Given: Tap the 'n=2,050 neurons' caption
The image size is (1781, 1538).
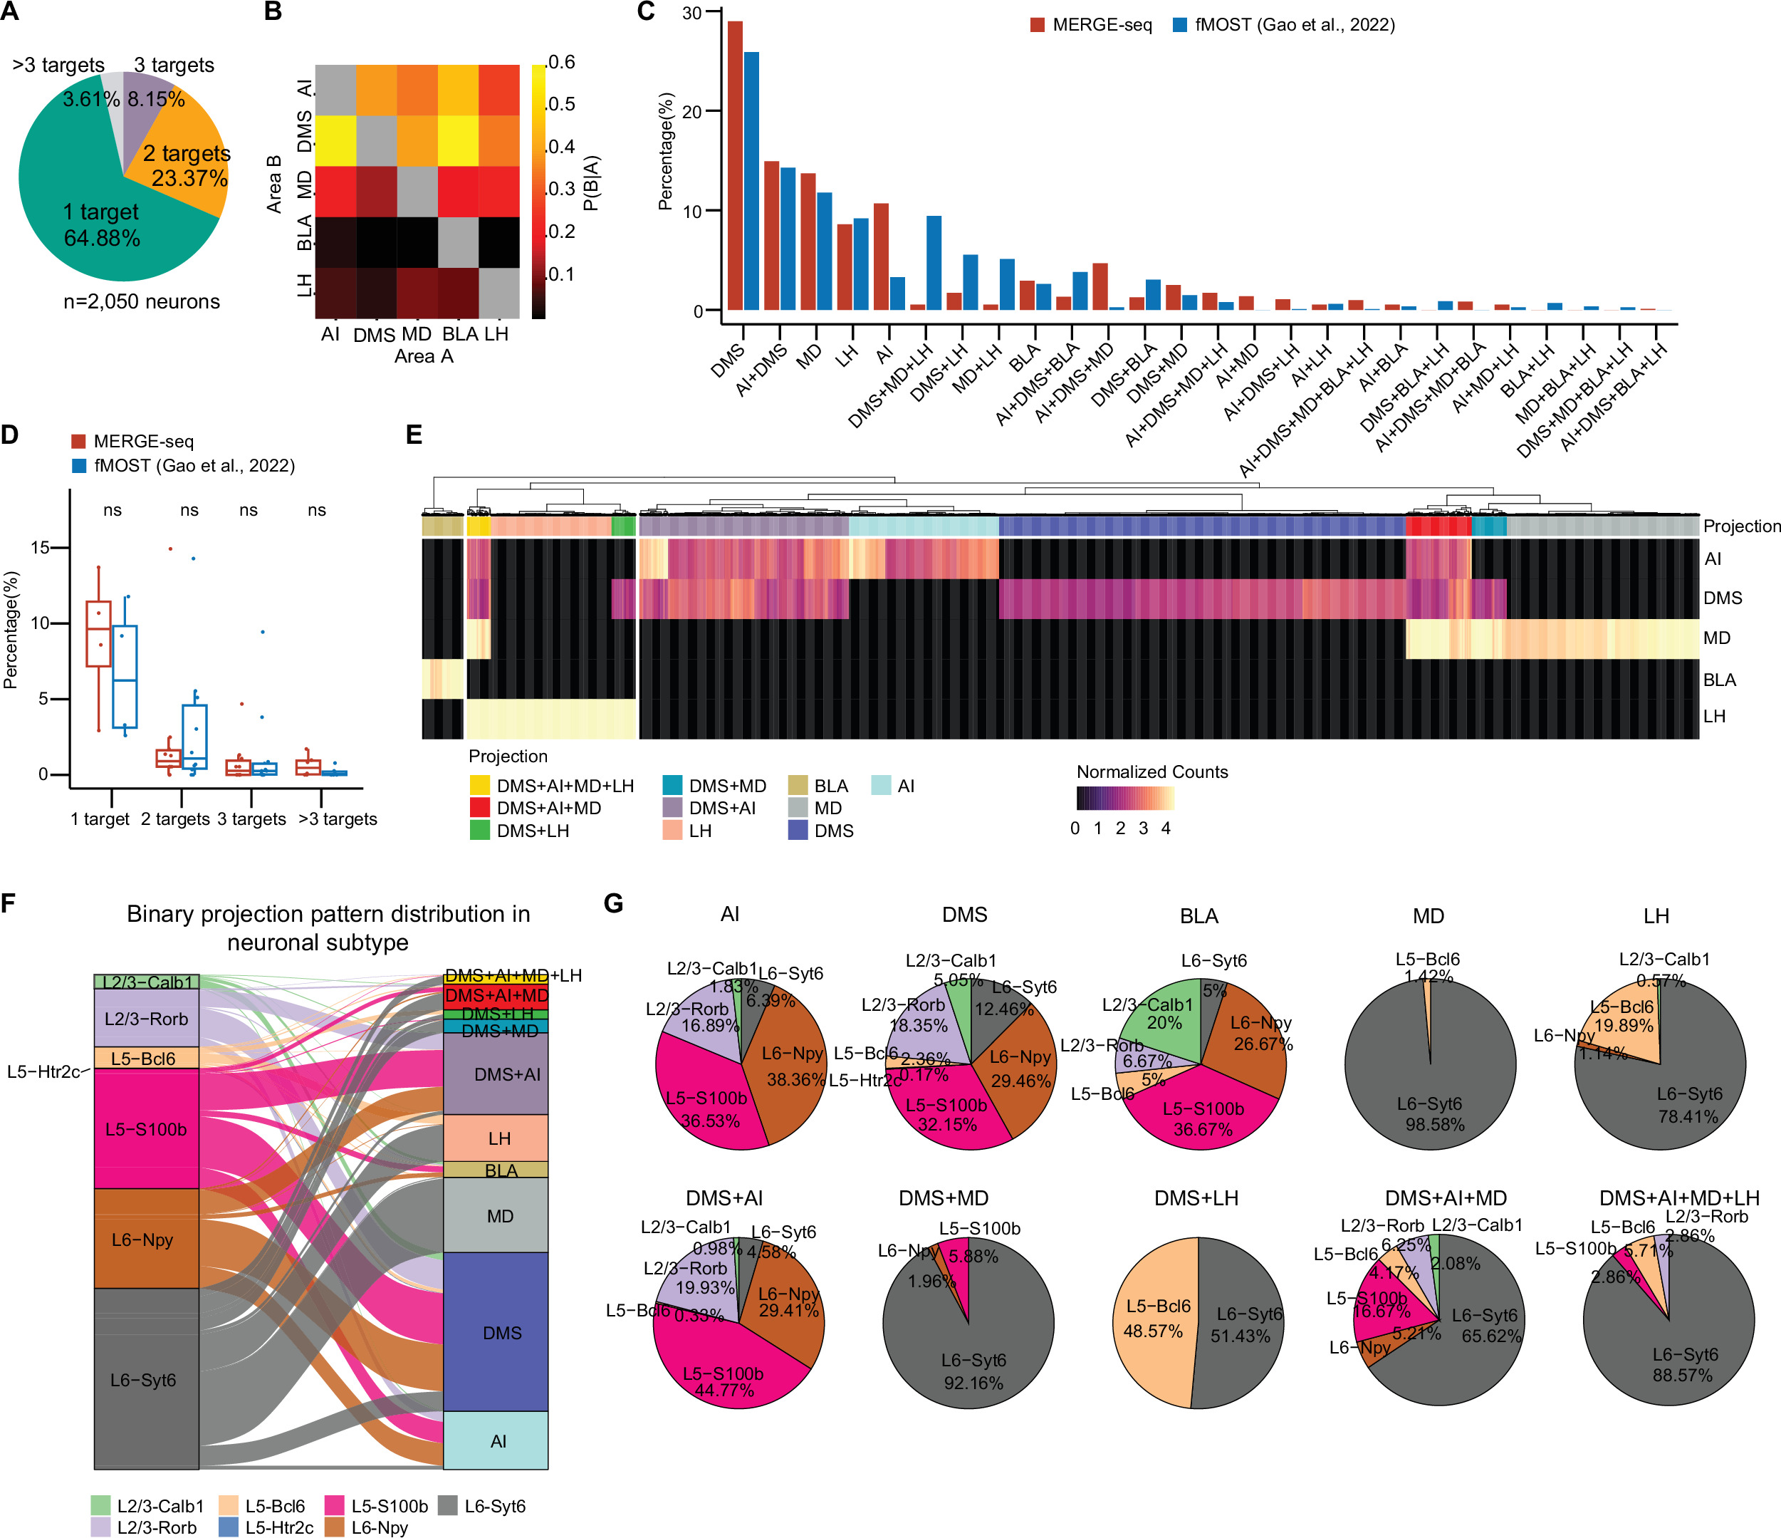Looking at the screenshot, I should tap(142, 302).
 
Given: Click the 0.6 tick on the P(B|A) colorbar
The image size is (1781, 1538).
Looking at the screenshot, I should tap(561, 63).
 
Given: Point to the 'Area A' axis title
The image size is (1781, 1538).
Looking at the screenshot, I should tap(423, 357).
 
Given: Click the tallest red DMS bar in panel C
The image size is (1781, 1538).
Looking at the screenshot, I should tap(735, 163).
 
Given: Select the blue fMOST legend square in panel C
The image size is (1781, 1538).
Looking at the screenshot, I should tap(1180, 25).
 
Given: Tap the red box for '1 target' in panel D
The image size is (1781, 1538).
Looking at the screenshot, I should tap(99, 633).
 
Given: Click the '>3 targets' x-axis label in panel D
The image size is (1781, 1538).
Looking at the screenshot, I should tap(337, 819).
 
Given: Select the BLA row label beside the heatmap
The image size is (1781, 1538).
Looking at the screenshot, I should tap(1719, 680).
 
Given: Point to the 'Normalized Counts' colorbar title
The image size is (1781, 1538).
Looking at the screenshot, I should tap(1151, 772).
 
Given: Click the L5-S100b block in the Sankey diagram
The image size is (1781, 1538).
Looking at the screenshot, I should tap(146, 1129).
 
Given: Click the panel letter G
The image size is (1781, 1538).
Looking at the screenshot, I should tap(613, 903).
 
